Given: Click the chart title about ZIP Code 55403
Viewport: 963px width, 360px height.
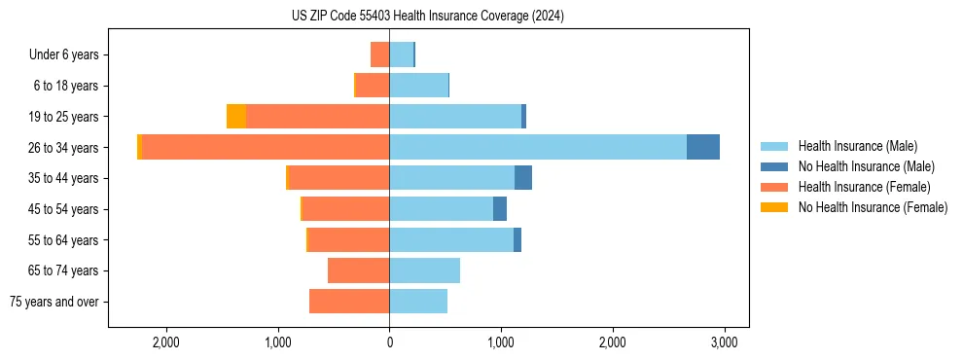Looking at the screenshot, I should point(427,17).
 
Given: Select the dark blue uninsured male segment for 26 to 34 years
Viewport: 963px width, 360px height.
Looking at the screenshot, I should point(702,147).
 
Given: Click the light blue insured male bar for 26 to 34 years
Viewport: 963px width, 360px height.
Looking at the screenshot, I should point(538,147).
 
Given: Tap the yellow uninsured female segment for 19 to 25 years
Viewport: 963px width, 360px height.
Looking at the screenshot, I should point(236,117).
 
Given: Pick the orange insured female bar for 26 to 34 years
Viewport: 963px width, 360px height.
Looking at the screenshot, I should point(266,147).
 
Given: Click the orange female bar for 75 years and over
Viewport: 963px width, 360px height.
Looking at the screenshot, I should point(349,302).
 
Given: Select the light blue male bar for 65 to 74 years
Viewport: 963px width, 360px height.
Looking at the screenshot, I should point(424,270).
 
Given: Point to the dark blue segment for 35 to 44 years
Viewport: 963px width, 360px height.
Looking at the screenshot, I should point(523,178).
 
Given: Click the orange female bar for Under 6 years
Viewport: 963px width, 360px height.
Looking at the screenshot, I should point(379,54).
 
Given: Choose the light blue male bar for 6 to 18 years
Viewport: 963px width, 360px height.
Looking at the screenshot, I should point(418,86).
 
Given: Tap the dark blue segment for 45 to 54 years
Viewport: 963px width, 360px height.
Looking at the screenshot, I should point(500,209).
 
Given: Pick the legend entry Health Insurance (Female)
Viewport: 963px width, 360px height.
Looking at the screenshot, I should point(864,187).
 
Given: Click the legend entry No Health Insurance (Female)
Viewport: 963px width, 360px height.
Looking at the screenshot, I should point(873,207).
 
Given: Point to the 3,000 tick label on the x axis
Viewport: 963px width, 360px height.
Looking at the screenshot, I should point(723,342).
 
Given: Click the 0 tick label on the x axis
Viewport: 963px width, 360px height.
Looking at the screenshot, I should point(389,342).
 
